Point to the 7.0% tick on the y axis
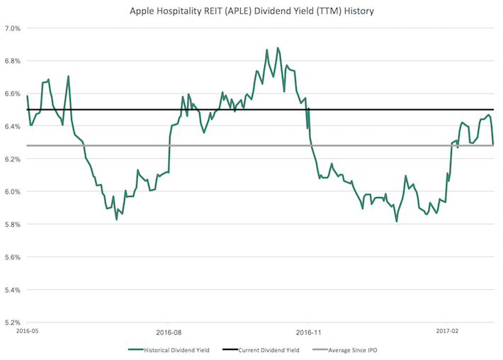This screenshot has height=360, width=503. pos(13,28)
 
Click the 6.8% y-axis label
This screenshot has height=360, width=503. pos(13,61)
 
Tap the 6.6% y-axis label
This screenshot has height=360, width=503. pos(13,94)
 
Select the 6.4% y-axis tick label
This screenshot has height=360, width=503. pos(13,126)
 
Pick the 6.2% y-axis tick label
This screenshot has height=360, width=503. pos(13,159)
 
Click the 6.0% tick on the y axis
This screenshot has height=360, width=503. pos(13,191)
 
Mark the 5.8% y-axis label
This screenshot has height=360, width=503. pos(13,225)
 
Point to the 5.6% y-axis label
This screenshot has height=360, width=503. pos(13,257)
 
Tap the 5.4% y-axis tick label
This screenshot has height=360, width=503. pos(13,290)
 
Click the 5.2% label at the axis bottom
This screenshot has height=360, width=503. pos(13,322)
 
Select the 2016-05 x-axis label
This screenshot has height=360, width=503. pos(27,331)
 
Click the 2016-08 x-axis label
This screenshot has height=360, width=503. pos(168,331)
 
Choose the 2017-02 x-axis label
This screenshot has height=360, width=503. pos(447,331)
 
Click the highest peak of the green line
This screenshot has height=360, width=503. pos(278,48)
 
